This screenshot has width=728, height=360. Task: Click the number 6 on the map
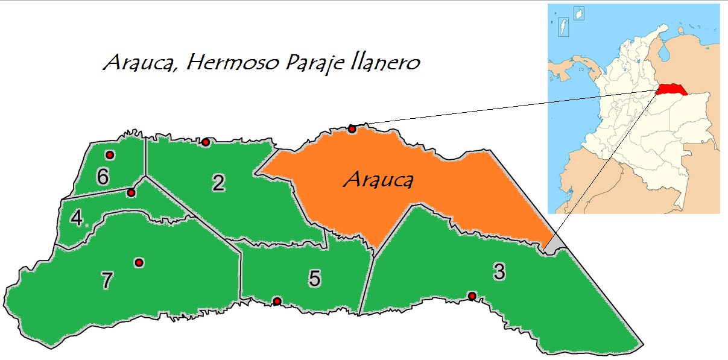tap(103, 176)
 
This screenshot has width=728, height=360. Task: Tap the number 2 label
tap(218, 183)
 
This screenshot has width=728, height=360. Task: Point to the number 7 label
tap(107, 280)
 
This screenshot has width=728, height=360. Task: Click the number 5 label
tap(314, 278)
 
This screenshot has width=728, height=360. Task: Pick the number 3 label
tap(499, 272)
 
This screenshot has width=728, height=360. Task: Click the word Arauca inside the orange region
tap(378, 179)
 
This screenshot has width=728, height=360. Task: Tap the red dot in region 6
tap(110, 154)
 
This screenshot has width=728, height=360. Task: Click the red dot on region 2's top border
tap(205, 142)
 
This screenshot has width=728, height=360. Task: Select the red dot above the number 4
tap(131, 193)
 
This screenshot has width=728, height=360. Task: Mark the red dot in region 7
tap(139, 262)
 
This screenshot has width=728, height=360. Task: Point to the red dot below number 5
tap(277, 301)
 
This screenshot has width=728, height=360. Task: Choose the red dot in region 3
tap(472, 295)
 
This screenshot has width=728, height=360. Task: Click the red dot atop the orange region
tap(352, 128)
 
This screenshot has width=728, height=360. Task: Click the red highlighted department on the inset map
tap(669, 90)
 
